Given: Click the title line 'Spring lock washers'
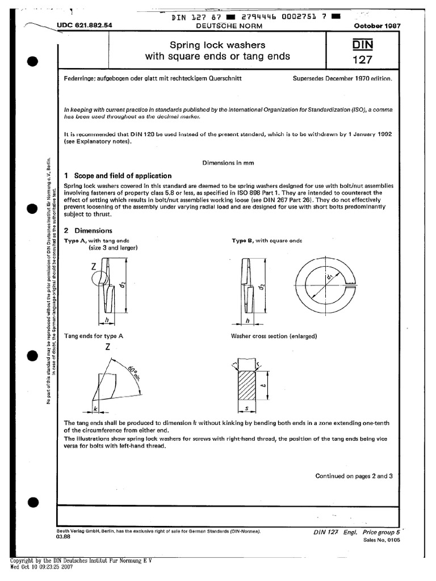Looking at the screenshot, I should click(x=218, y=44).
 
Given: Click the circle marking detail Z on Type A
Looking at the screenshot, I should click(x=99, y=280).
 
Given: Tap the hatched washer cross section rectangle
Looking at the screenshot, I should click(x=246, y=385).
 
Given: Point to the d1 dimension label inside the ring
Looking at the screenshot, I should click(x=330, y=277).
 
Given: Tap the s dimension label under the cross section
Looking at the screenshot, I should click(x=246, y=409).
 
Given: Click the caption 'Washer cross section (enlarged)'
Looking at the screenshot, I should click(x=274, y=336).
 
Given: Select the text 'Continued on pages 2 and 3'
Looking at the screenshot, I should click(x=354, y=476).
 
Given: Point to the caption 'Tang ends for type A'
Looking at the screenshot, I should click(x=94, y=336).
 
